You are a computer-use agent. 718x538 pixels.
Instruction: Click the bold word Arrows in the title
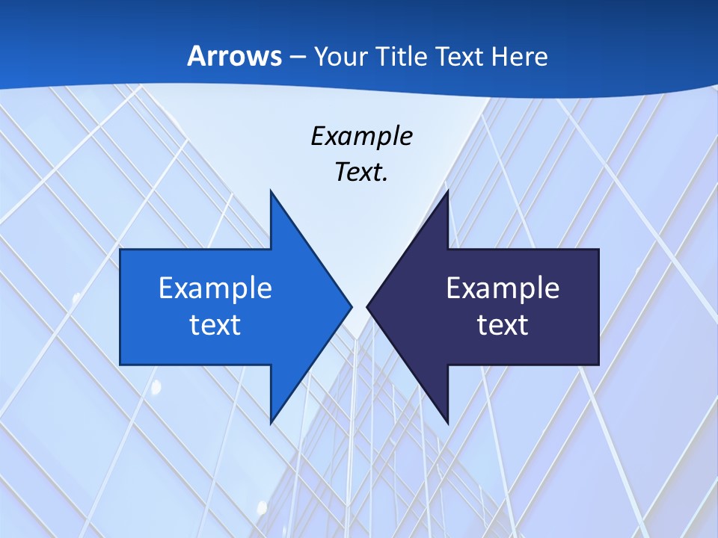tap(234, 56)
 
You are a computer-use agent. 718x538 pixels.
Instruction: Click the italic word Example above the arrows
tap(361, 136)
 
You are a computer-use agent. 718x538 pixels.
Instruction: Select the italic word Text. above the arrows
tap(361, 173)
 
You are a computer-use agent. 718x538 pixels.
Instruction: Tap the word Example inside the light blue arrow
tap(215, 288)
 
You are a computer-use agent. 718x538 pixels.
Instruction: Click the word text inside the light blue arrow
tap(215, 324)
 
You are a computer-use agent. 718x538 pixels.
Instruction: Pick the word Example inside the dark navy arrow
tap(503, 288)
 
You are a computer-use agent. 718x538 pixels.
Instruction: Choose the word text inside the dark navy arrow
tap(503, 324)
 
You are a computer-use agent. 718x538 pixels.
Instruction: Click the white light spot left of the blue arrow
tap(76, 297)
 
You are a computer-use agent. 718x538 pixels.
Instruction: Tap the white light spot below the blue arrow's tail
tap(156, 386)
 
